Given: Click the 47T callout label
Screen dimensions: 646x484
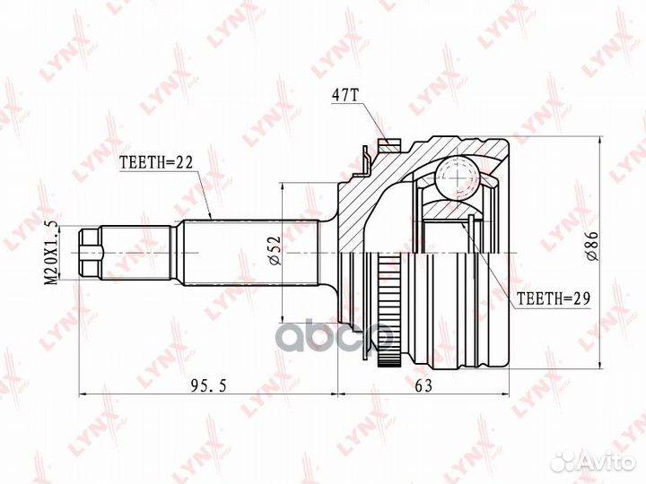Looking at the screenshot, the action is [x=345, y=96].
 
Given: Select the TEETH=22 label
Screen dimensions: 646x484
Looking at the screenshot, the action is [x=156, y=163].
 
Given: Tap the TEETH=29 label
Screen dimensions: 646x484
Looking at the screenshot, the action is [x=554, y=298].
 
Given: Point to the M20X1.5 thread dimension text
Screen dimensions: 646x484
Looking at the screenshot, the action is [x=51, y=252].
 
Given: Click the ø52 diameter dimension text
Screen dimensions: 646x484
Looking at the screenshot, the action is [x=275, y=250].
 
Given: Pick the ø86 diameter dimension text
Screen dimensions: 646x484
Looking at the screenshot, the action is [x=592, y=246].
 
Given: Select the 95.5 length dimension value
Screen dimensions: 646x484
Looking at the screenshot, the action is [x=208, y=386].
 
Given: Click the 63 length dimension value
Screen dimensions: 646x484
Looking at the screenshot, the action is [x=423, y=386].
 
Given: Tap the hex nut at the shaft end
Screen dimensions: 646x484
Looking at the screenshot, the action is [x=90, y=253].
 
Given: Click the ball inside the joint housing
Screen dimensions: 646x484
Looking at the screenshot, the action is [x=458, y=177].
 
